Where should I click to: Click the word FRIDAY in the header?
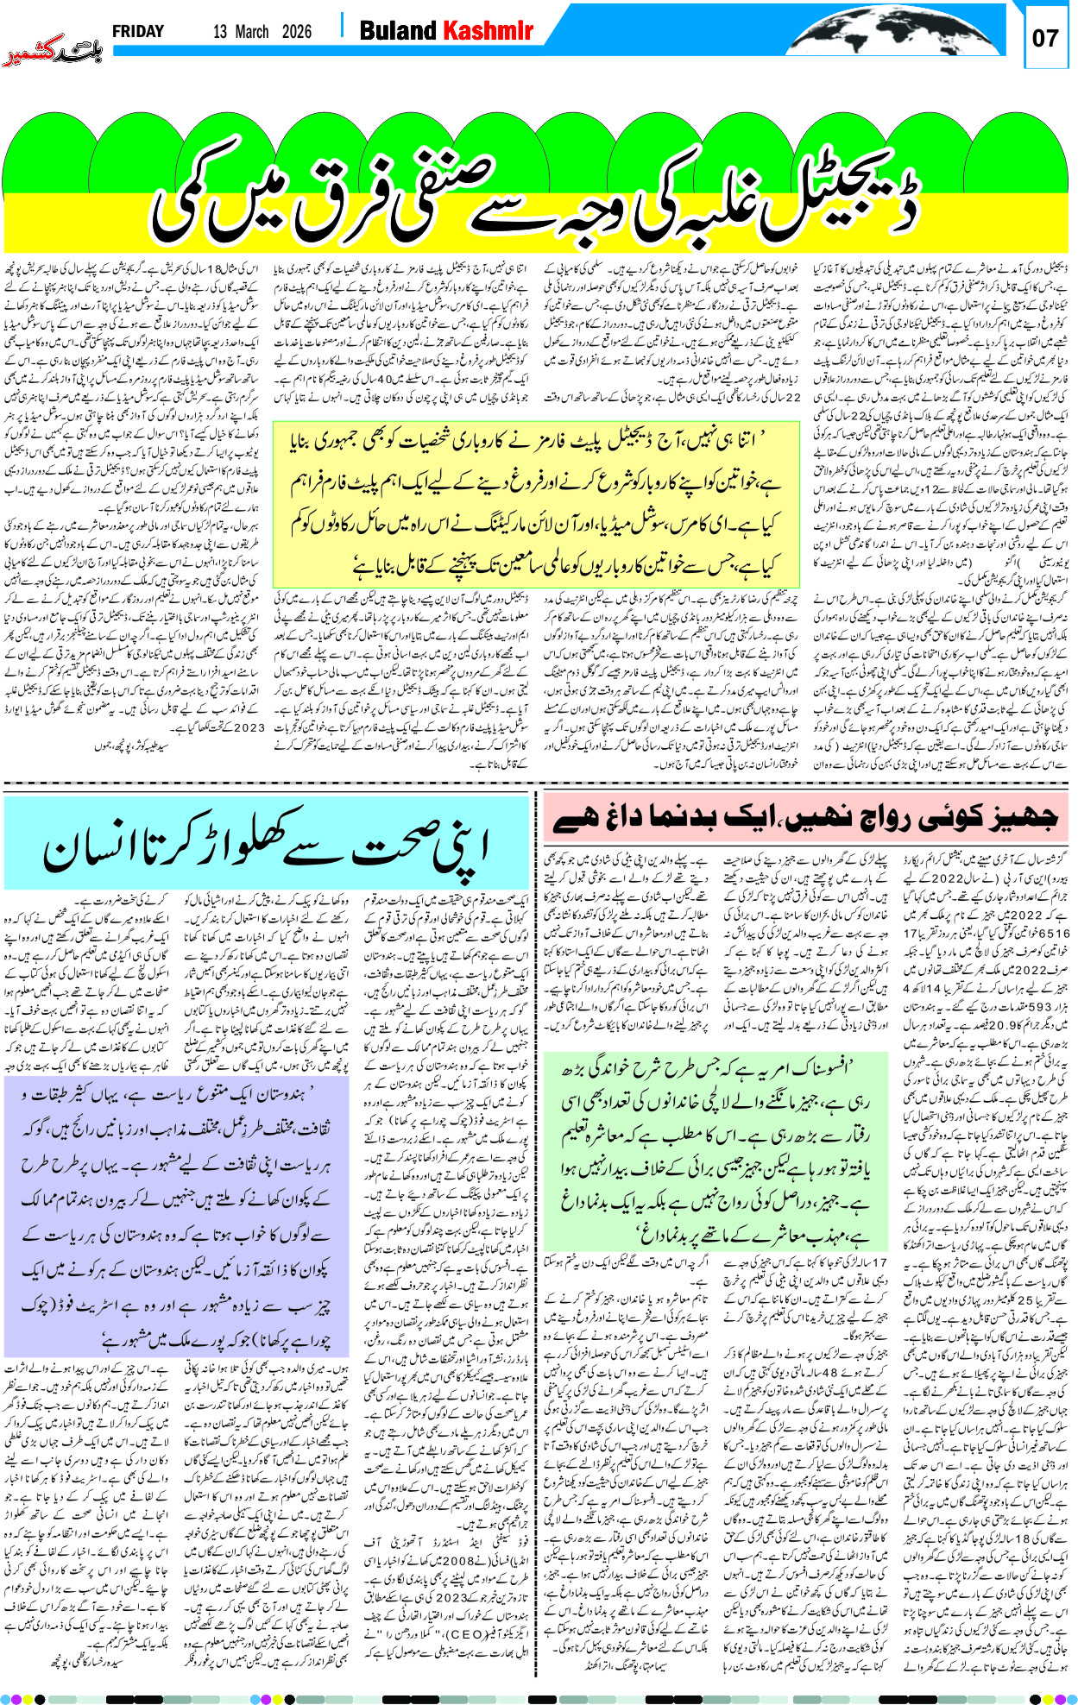[137, 31]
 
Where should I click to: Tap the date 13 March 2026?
[262, 32]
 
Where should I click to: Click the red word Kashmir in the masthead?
[488, 31]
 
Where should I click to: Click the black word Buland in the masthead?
[398, 31]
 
